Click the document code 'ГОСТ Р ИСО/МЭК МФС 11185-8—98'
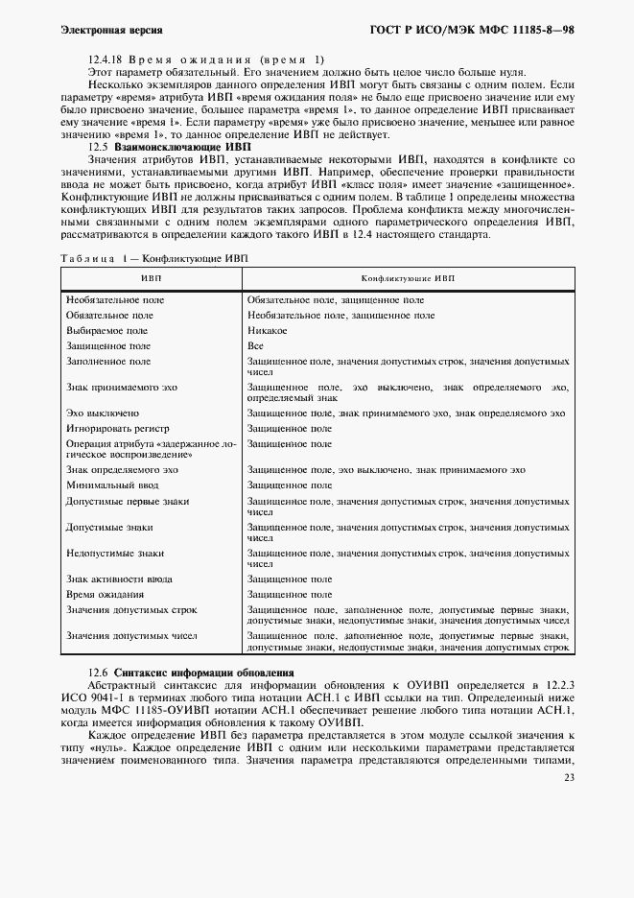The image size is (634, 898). pos(472,32)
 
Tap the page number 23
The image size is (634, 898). pos(569,778)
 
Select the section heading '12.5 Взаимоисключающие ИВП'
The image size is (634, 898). pos(169,148)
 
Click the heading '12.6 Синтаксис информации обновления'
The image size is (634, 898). pos(191,673)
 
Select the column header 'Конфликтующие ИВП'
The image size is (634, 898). pos(408,277)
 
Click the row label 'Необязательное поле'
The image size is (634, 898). pos(114,300)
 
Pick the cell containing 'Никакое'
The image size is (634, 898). pos(268,330)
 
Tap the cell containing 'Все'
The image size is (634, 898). pos(255,345)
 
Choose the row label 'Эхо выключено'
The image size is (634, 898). pos(103,414)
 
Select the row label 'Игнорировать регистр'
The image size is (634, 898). pos(117,429)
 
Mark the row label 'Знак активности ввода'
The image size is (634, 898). pos(119,579)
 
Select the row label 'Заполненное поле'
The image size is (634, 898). pos(107,361)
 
